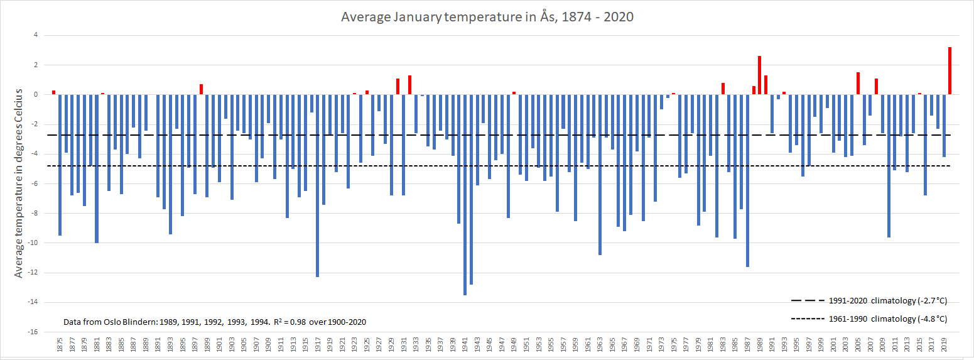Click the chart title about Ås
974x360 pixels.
487,17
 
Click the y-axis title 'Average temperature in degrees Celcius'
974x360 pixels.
19,183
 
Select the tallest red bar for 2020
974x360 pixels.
950,71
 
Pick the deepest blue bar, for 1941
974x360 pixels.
465,194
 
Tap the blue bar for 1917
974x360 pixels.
317,185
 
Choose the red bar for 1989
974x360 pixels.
759,75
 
